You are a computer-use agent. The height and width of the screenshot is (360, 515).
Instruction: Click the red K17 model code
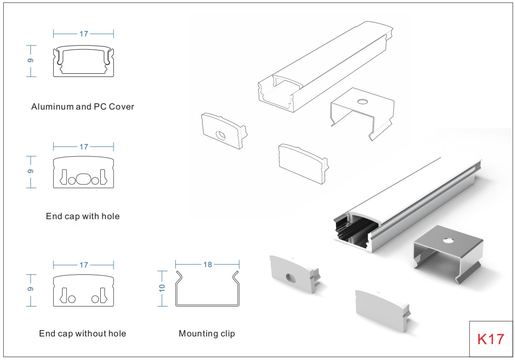(491, 339)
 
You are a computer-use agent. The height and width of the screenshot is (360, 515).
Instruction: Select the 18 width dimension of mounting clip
(207, 265)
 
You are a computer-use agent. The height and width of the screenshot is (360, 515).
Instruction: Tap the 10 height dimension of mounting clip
(162, 288)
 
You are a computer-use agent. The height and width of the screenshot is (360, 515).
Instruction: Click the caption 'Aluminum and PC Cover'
(83, 107)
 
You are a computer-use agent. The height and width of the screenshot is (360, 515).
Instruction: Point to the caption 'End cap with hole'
(83, 217)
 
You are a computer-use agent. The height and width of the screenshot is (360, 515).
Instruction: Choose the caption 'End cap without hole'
(83, 333)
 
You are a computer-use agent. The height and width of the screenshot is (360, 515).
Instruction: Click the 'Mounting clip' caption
(207, 333)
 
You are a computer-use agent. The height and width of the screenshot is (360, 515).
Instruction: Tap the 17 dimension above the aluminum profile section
(84, 34)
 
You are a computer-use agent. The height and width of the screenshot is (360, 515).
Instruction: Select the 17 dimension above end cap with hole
(84, 146)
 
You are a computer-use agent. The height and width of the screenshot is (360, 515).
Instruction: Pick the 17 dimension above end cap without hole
(84, 265)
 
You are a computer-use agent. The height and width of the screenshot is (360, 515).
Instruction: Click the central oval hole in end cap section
(84, 179)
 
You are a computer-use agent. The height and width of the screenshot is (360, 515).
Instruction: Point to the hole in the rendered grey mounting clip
(448, 241)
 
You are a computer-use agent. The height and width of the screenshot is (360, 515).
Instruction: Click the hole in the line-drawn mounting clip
(362, 101)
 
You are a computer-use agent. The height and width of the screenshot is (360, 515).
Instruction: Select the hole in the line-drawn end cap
(221, 136)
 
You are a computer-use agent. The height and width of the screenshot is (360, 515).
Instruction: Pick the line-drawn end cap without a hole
(303, 164)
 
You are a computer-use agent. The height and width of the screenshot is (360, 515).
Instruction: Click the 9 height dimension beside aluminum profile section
(30, 60)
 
